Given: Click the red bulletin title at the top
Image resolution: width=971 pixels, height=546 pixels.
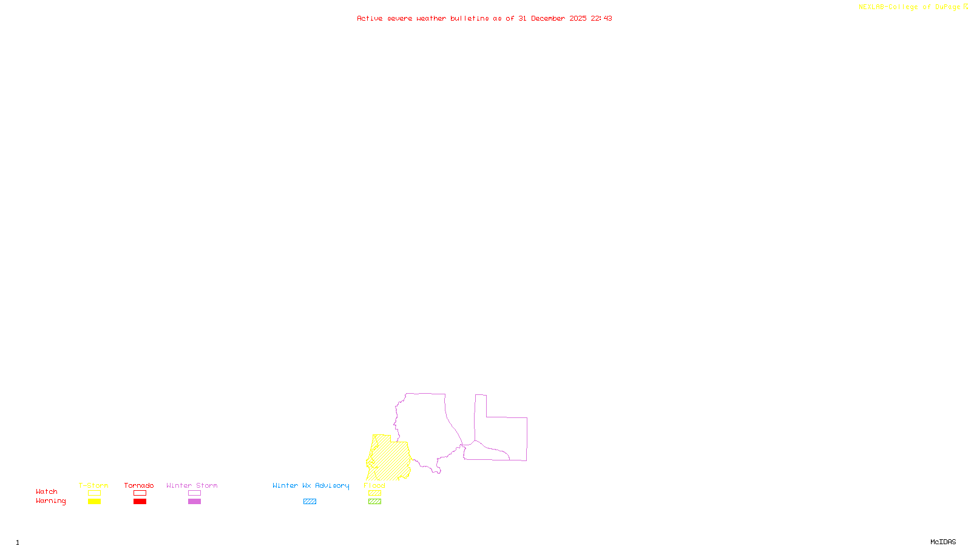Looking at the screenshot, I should pyautogui.click(x=484, y=18).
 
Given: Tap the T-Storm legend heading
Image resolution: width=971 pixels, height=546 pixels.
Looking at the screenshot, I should pyautogui.click(x=93, y=485).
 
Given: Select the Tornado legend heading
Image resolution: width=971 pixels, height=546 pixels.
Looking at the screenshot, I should pyautogui.click(x=139, y=485).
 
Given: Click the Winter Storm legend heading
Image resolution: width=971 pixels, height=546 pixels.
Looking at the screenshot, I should pyautogui.click(x=192, y=485).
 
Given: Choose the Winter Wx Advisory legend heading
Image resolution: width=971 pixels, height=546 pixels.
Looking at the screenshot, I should pyautogui.click(x=311, y=485).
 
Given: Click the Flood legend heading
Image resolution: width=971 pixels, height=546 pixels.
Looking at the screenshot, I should pyautogui.click(x=374, y=485).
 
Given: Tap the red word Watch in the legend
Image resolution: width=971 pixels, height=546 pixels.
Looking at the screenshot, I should pyautogui.click(x=47, y=491).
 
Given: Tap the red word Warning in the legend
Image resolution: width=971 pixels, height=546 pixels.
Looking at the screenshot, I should pyautogui.click(x=50, y=501).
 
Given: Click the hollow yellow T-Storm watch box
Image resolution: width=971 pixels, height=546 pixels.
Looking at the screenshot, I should pyautogui.click(x=94, y=493).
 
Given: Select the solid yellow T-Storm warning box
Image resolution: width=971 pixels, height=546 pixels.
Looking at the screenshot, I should pyautogui.click(x=94, y=502).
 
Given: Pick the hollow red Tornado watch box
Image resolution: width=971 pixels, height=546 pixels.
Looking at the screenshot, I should pyautogui.click(x=140, y=493).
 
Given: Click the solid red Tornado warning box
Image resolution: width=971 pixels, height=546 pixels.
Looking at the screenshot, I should pyautogui.click(x=140, y=502).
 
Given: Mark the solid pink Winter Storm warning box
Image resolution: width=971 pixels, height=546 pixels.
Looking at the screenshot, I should pyautogui.click(x=194, y=502).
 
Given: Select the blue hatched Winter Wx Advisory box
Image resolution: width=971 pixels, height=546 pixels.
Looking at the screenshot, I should pyautogui.click(x=310, y=502).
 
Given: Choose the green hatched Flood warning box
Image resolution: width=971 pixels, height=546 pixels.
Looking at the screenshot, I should pyautogui.click(x=375, y=502).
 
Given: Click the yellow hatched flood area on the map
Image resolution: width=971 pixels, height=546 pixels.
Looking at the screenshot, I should pyautogui.click(x=390, y=461).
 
